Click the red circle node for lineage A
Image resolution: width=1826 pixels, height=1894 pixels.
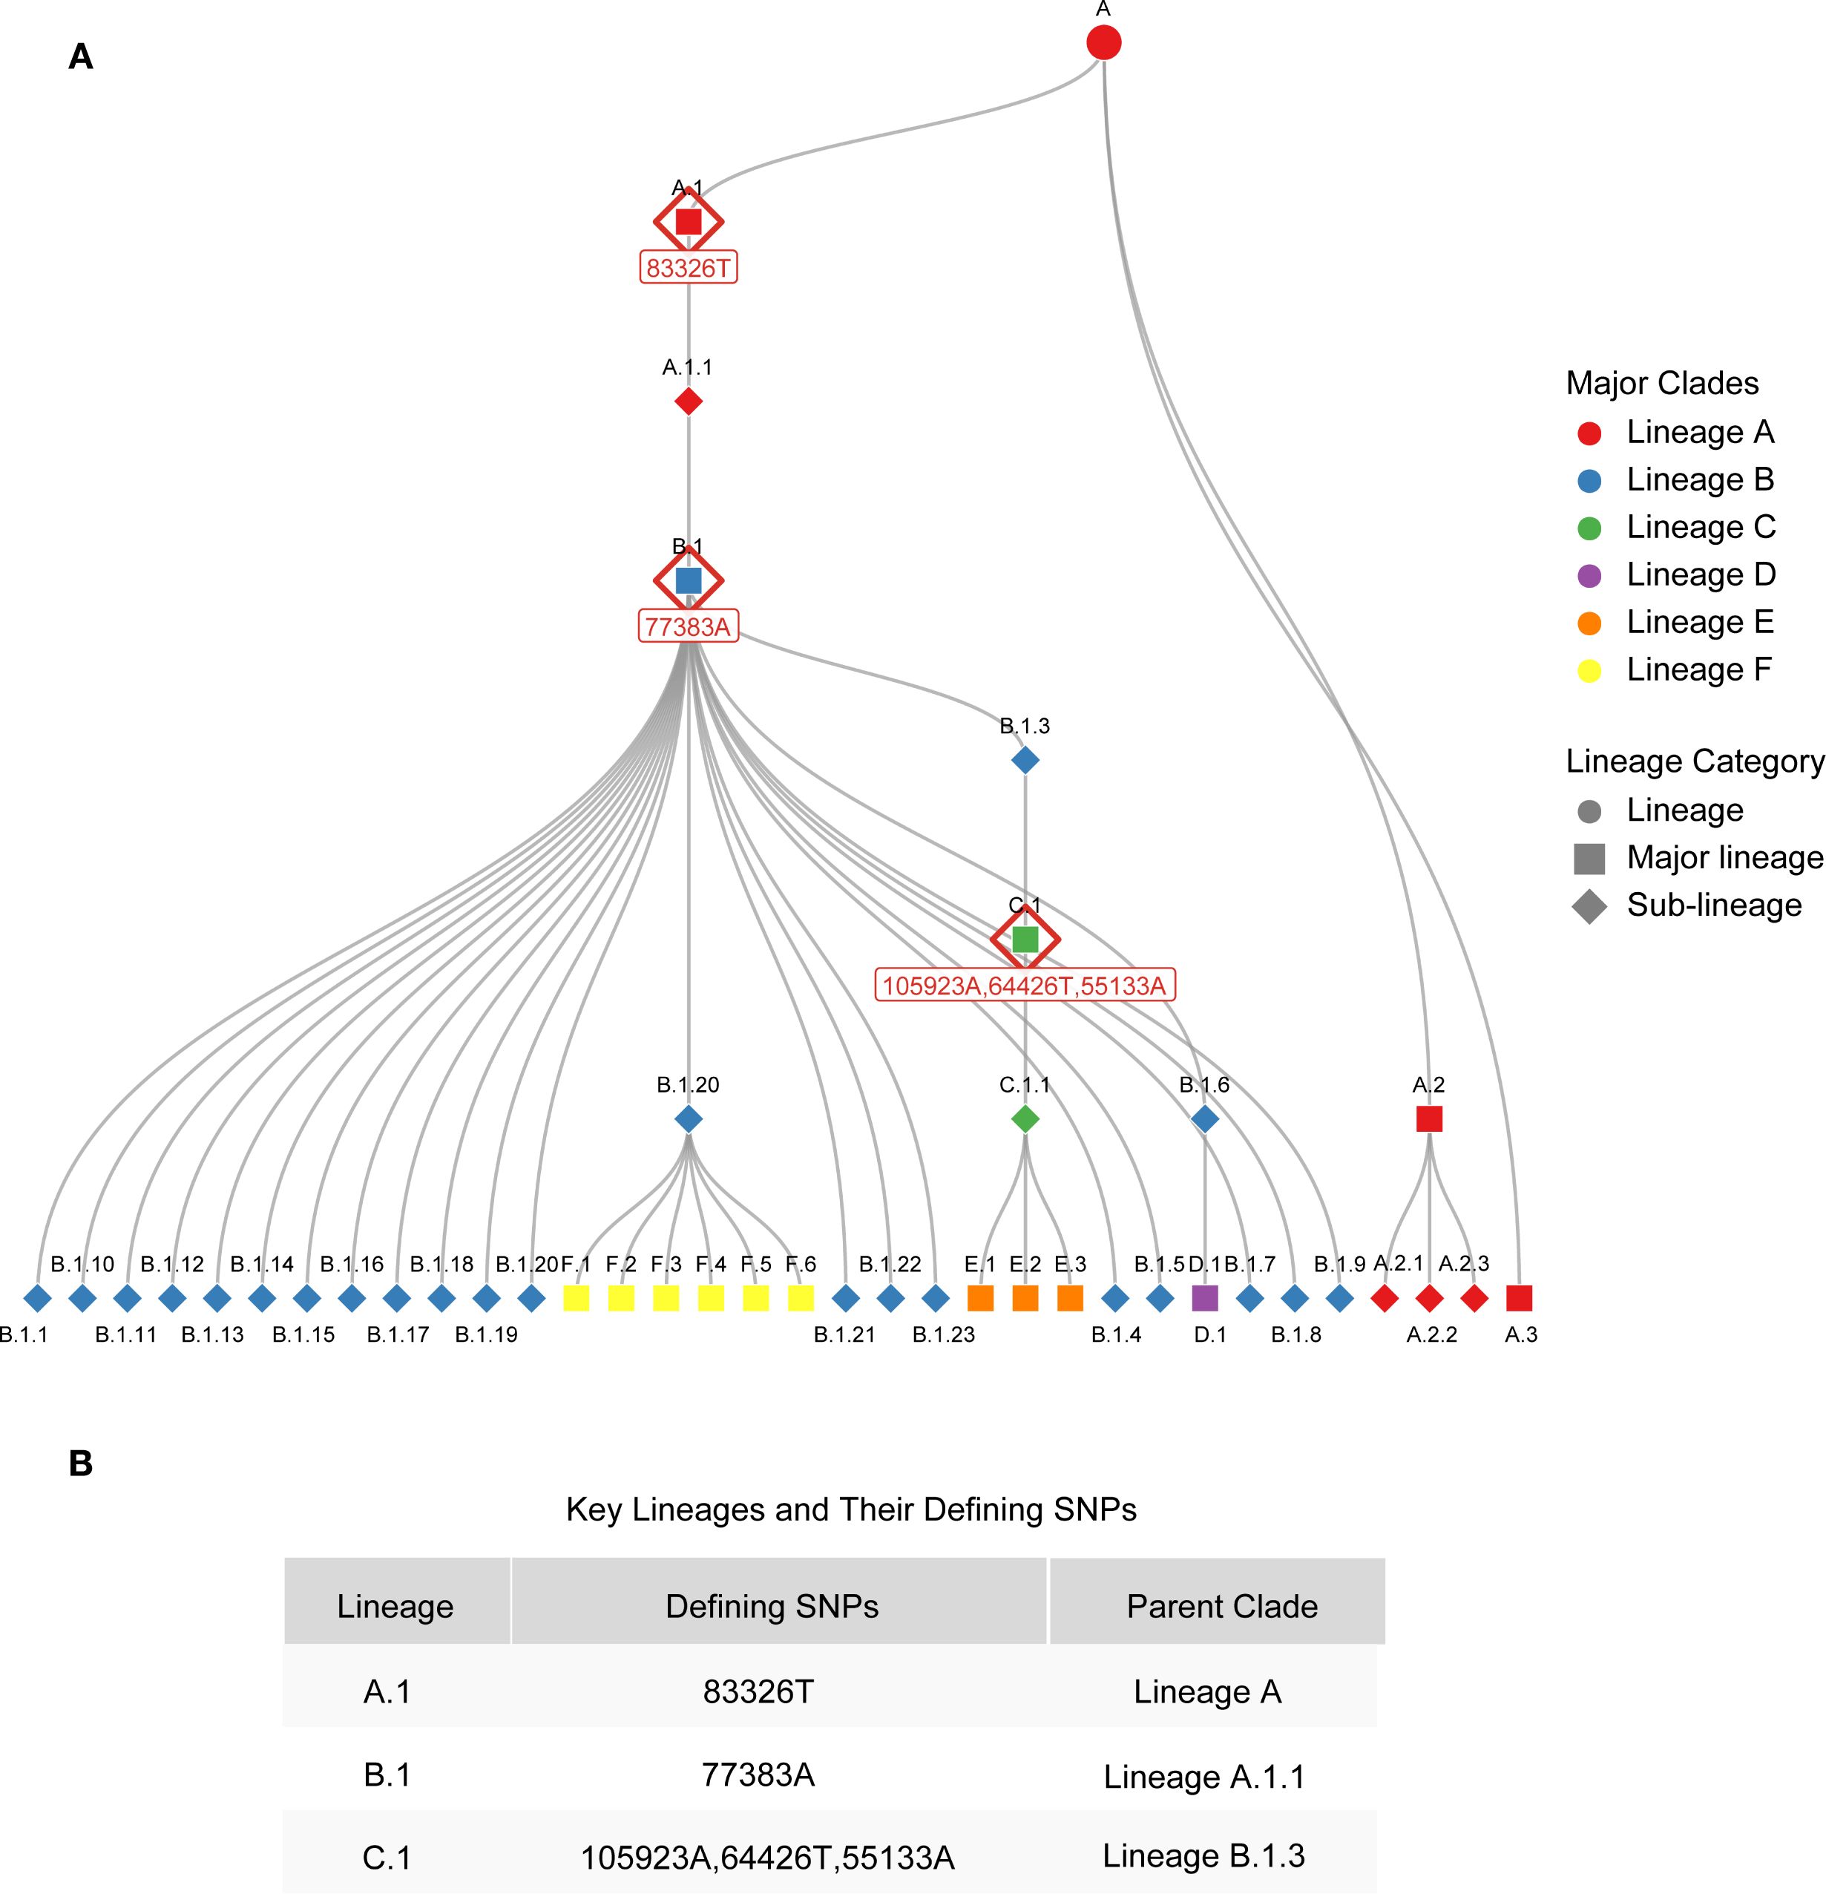point(1103,42)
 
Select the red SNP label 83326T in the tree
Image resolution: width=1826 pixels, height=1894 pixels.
point(688,268)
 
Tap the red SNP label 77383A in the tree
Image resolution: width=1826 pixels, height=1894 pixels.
point(688,626)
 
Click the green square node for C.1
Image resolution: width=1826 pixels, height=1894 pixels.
point(1025,940)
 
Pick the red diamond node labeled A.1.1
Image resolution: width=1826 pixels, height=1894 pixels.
point(688,400)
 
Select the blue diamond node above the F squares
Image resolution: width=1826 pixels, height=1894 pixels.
point(688,1119)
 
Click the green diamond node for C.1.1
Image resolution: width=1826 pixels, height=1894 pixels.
point(1025,1119)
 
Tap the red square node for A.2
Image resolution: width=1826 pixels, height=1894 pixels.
point(1429,1119)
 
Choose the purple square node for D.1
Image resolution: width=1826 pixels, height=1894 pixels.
point(1205,1298)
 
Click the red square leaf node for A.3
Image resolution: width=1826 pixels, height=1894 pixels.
point(1519,1298)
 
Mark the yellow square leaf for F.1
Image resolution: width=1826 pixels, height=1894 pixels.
point(576,1298)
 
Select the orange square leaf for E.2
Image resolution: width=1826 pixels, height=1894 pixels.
point(1025,1298)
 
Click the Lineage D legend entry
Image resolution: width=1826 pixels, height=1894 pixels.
point(1701,575)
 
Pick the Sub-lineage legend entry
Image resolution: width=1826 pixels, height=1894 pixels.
point(1713,905)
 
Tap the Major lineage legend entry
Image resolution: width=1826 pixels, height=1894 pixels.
point(1724,858)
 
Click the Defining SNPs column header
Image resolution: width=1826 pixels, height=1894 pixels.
point(772,1606)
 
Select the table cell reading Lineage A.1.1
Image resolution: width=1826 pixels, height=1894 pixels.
point(1203,1776)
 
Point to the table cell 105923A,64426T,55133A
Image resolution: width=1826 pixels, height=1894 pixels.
point(767,1858)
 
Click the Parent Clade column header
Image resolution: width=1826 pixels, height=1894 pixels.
point(1222,1606)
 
